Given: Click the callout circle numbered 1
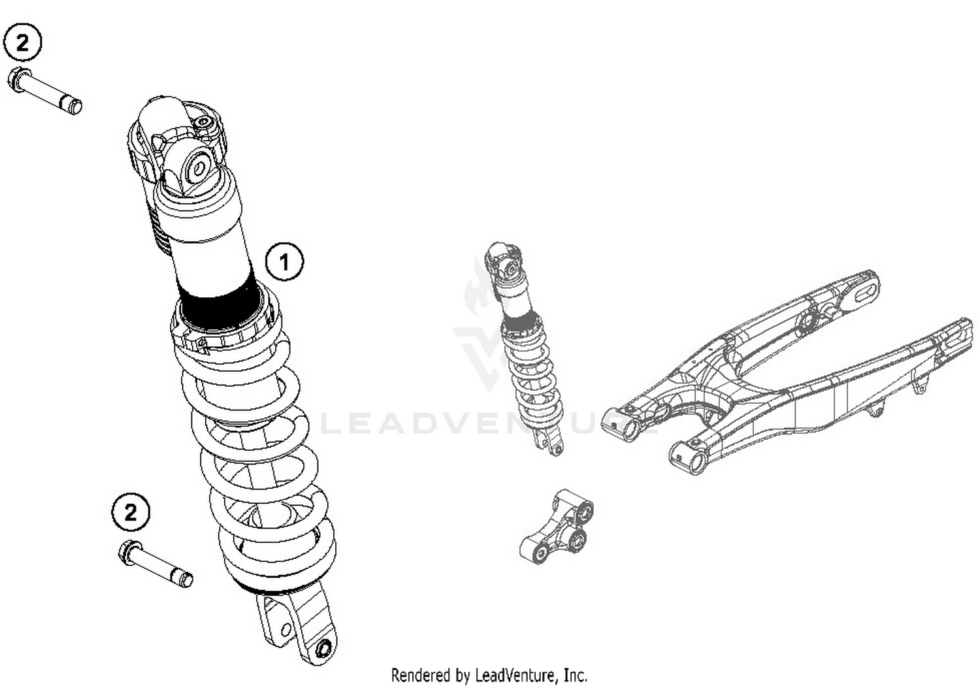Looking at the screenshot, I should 284,262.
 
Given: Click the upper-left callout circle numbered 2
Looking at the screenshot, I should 22,43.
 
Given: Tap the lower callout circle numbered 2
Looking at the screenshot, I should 131,512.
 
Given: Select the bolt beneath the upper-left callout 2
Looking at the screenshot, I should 46,91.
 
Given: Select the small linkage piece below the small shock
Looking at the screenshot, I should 557,528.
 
